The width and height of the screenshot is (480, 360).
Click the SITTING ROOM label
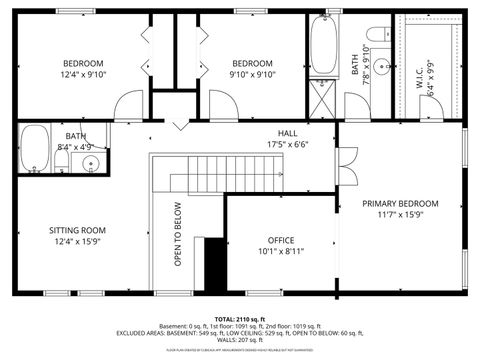(78, 230)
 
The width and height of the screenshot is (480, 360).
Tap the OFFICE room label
(281, 240)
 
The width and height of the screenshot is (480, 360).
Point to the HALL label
(287, 132)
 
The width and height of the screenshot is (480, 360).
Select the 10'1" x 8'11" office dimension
(281, 252)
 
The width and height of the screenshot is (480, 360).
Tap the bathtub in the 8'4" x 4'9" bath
(35, 148)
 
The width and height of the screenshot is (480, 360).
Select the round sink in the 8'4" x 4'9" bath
(90, 163)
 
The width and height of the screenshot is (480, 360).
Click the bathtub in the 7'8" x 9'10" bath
(325, 45)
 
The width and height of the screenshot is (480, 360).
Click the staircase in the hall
(224, 175)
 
